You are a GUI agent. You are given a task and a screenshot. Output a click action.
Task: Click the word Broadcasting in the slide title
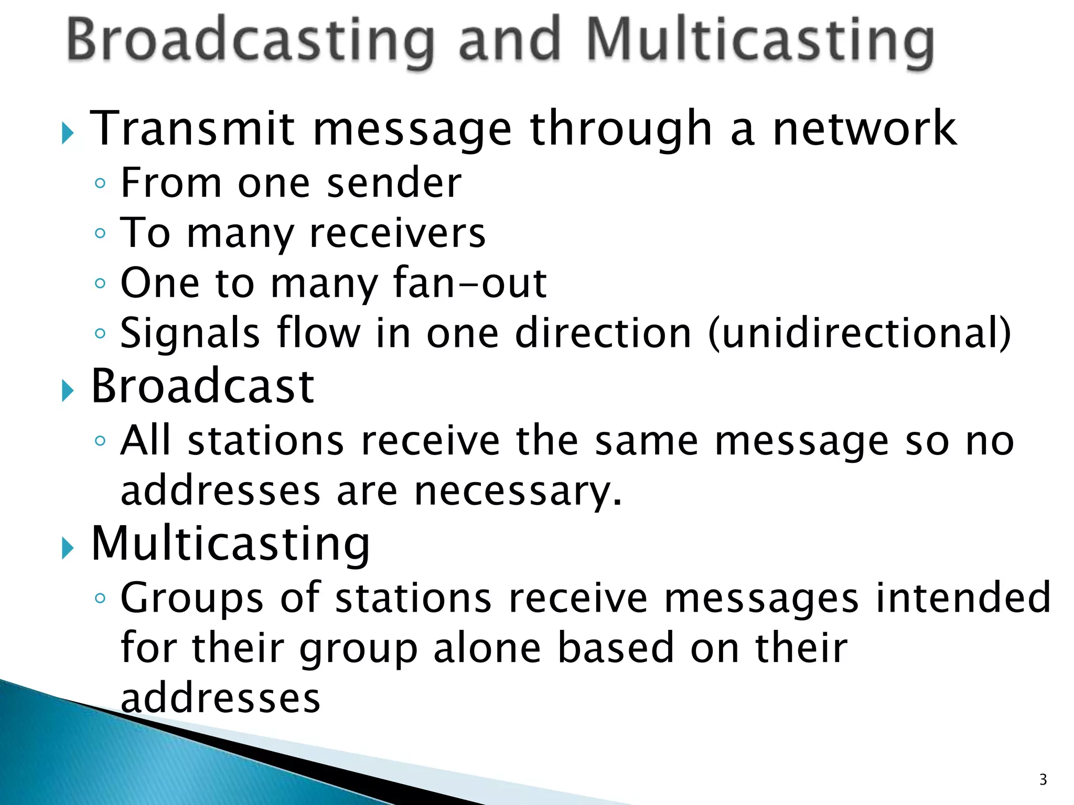pos(251,42)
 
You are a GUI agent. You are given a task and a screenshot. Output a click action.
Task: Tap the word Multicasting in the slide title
pos(760,42)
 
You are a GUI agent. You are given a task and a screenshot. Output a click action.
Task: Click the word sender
pos(394,183)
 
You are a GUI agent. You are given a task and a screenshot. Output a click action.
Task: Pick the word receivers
pos(398,233)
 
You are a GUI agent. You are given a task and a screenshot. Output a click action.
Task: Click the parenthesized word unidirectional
pos(860,333)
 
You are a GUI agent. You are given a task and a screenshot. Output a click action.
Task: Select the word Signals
pos(190,333)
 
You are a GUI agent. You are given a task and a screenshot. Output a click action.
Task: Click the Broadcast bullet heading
pos(202,386)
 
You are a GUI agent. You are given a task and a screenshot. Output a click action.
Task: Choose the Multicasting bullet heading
pos(231,543)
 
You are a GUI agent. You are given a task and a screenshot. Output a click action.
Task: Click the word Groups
pos(192,598)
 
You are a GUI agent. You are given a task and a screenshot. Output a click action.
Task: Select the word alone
pos(487,648)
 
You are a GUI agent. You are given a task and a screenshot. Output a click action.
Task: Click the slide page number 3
pos(1043,780)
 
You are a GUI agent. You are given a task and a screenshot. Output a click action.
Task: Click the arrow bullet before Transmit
pos(67,133)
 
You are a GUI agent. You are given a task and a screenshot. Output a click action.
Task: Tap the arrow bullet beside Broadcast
pos(67,391)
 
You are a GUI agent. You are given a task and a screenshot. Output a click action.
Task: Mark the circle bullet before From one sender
pos(100,183)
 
